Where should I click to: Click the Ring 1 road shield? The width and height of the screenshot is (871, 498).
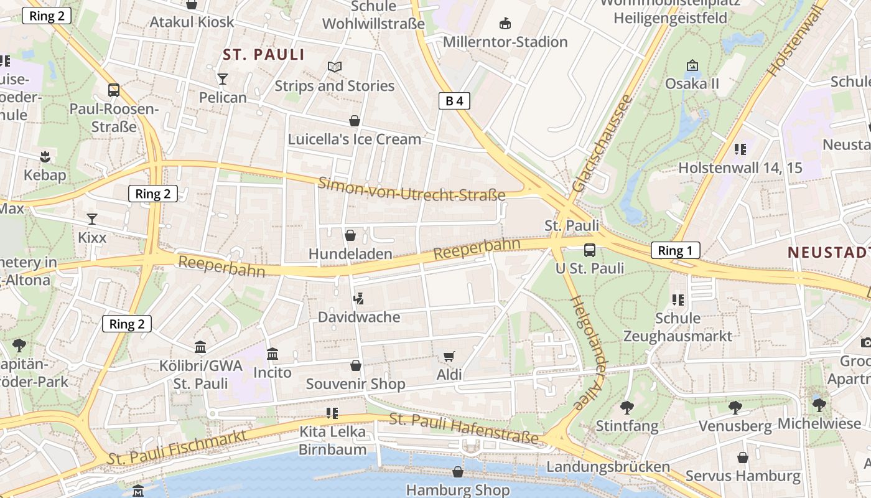point(675,251)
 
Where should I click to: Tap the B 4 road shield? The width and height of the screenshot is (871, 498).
point(454,101)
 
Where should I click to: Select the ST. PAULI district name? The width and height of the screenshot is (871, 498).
point(264,55)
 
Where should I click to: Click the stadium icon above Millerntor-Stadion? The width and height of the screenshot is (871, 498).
point(505,24)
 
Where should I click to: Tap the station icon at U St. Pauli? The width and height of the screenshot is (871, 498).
point(589,250)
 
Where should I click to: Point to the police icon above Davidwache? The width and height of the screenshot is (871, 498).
point(358,299)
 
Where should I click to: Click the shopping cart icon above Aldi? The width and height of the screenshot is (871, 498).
point(449,357)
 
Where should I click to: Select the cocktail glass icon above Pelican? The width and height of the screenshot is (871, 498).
point(223,79)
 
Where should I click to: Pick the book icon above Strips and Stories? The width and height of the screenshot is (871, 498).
point(335,67)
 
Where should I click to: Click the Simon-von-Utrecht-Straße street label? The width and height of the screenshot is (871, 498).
point(411,189)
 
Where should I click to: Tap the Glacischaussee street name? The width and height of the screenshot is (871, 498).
point(602,143)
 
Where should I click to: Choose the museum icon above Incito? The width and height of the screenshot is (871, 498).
point(272,354)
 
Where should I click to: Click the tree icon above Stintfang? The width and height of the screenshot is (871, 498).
point(626,408)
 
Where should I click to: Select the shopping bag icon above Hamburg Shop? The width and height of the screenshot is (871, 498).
point(458,472)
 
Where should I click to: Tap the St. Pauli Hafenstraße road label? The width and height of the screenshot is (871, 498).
point(463,429)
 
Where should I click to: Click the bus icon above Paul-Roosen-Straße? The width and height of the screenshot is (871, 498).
point(113,90)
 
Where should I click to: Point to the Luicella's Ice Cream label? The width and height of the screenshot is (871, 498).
point(354,139)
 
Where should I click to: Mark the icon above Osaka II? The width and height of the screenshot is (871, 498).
point(692,65)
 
